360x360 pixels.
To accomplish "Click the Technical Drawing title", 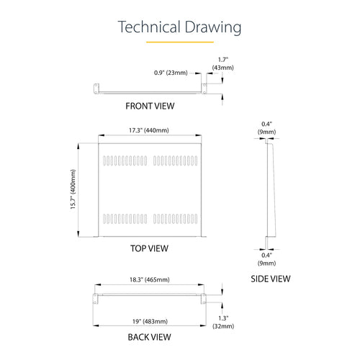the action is pos(179,27).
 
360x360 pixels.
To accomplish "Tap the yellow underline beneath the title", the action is pos(180,42).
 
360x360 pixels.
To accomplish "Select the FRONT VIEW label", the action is pos(150,106).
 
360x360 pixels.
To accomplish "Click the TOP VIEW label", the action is pos(149,248).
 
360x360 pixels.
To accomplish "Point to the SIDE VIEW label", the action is pos(271,279).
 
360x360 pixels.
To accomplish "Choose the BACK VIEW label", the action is pos(149,337).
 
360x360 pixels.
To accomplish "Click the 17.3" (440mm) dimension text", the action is pos(149,130).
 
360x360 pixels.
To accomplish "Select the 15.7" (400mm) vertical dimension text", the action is pos(73,189).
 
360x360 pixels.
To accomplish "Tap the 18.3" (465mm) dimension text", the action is pos(150,279).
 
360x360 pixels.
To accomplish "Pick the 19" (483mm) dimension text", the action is pos(150,321).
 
